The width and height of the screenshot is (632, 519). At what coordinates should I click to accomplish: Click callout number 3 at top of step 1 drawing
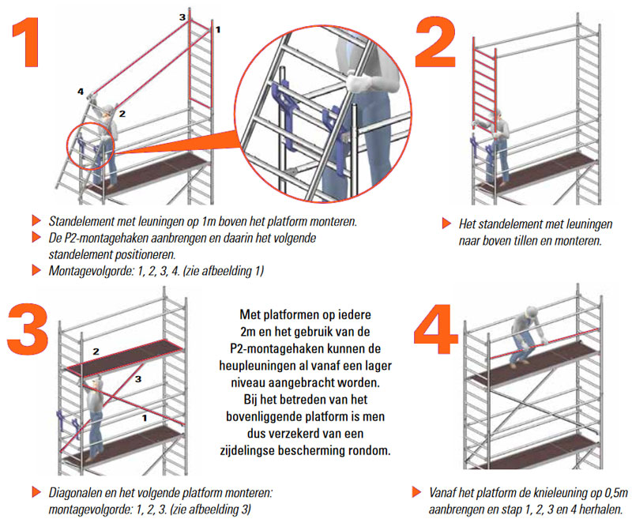coord(182,17)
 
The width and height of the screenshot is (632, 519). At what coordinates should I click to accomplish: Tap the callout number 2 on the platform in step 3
coord(96,350)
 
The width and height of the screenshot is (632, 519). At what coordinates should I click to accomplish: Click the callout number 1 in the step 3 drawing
coord(144,416)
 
